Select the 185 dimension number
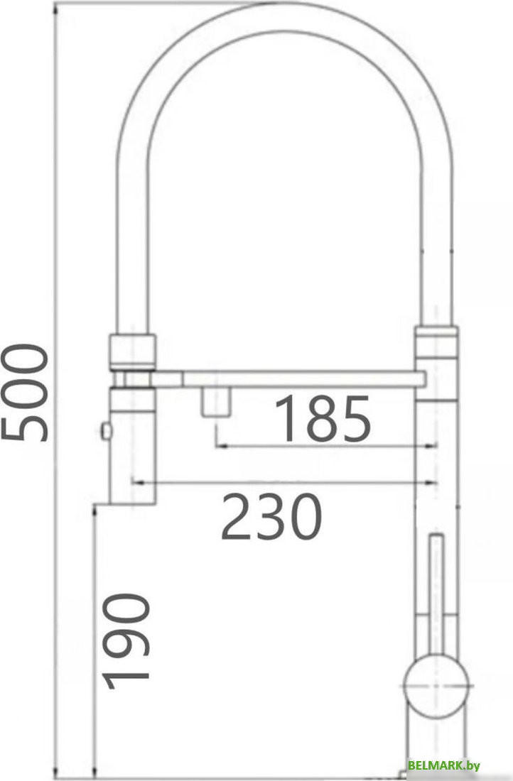(323, 419)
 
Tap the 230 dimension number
(271, 517)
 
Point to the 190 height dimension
(128, 641)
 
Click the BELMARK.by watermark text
(444, 765)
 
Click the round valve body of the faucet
(435, 685)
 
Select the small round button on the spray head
(107, 430)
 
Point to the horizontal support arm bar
(298, 378)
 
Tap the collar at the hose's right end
(437, 344)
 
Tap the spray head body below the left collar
(133, 440)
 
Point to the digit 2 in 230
(237, 517)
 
